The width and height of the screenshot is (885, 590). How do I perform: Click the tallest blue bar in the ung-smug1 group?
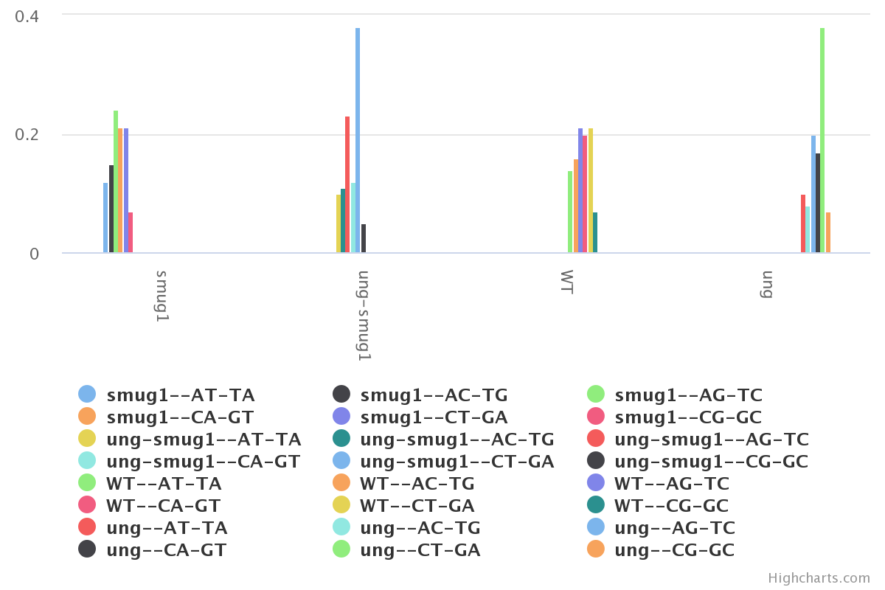358,140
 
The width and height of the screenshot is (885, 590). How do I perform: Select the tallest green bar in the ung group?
822,140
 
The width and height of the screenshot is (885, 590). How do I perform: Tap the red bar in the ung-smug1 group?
347,184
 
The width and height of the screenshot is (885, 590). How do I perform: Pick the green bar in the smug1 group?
116,181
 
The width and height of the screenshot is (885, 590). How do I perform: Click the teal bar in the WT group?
595,232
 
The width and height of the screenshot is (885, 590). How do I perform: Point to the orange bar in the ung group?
828,232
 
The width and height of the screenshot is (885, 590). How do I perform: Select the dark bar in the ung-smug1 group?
364,238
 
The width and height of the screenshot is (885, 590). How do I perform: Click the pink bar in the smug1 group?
131,232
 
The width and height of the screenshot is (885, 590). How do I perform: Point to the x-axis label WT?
566,282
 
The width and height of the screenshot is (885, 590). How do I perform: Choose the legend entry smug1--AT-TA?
181,395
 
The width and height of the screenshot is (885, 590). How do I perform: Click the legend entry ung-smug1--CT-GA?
457,462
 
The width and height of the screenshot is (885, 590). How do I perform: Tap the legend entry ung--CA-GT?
166,550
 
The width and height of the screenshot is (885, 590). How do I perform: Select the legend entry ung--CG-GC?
674,550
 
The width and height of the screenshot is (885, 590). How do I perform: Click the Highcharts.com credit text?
819,578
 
